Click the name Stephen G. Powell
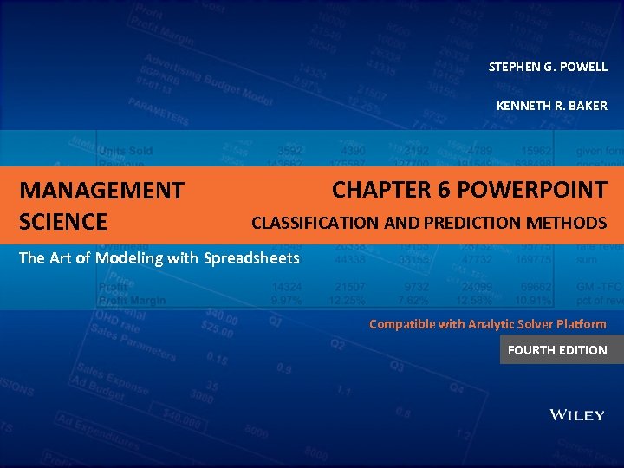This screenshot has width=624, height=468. (x=548, y=67)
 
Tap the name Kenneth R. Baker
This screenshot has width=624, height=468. (x=551, y=106)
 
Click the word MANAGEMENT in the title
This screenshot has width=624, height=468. (x=101, y=190)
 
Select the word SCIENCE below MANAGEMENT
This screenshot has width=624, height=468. (x=63, y=222)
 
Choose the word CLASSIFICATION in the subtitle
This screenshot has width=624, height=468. (x=315, y=223)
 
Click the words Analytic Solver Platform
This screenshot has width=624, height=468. (x=535, y=324)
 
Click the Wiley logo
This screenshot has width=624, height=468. (x=577, y=415)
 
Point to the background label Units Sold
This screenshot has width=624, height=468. (x=125, y=151)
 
